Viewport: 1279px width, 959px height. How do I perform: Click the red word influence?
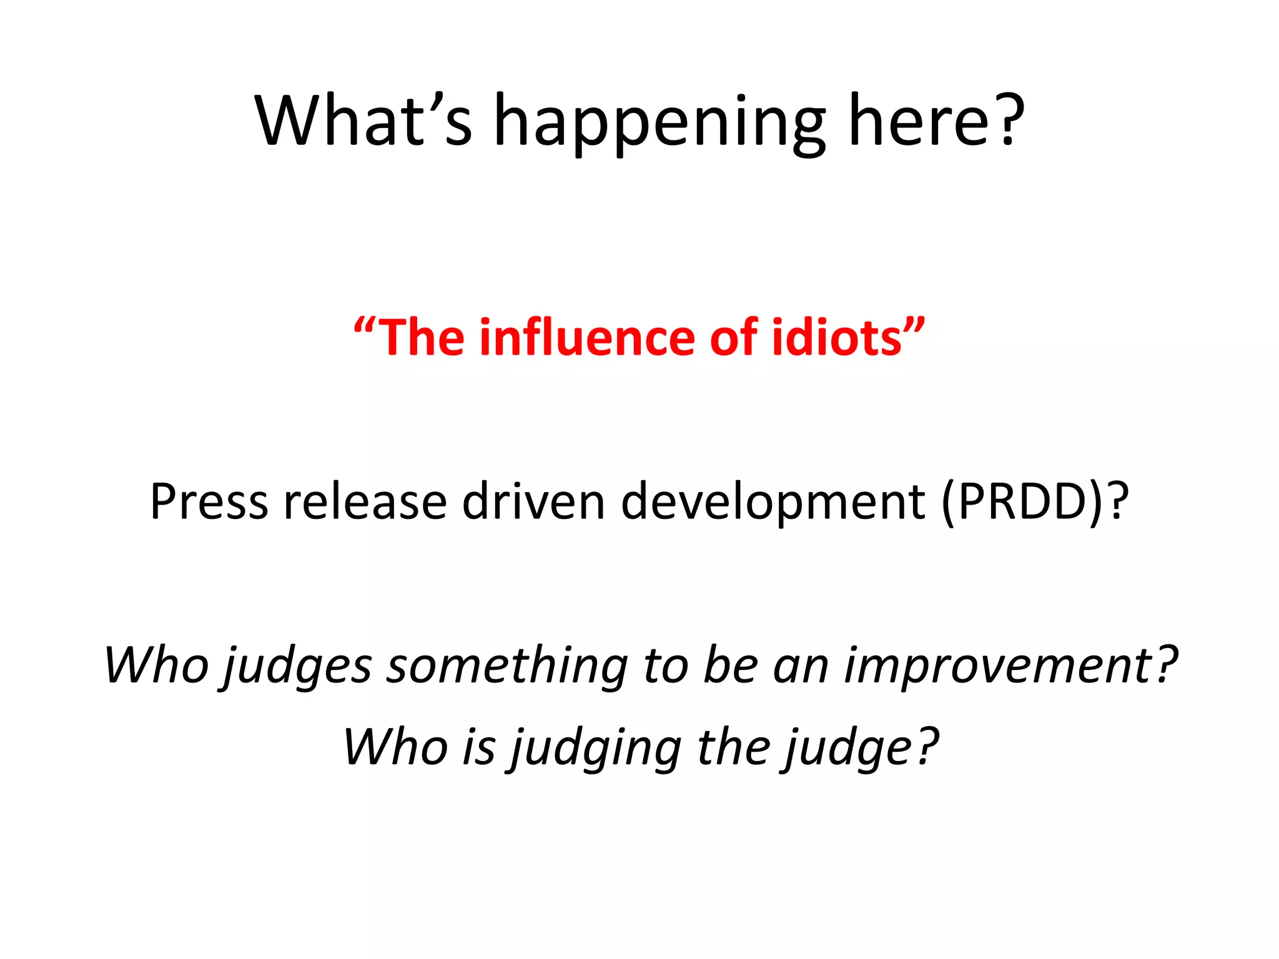click(x=586, y=338)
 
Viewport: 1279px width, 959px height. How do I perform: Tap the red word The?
click(x=422, y=338)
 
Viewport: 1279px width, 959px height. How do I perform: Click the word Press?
click(x=209, y=501)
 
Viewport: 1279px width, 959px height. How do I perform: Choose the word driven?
click(x=533, y=501)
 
